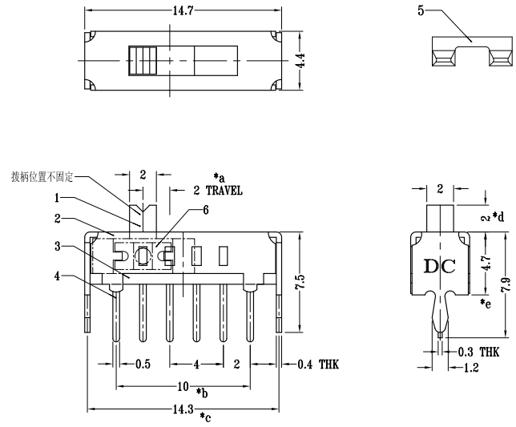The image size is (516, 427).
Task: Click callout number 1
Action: click(58, 197)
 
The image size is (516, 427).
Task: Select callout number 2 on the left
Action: click(58, 217)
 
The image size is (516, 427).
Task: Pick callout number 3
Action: click(58, 247)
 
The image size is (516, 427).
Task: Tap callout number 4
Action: click(58, 277)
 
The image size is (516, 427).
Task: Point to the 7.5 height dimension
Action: click(298, 281)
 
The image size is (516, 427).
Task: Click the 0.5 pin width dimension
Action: click(143, 365)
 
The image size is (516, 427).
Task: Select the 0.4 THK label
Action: click(318, 365)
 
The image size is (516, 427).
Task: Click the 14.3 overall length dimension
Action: click(184, 409)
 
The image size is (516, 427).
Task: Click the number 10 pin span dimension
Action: click(183, 387)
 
